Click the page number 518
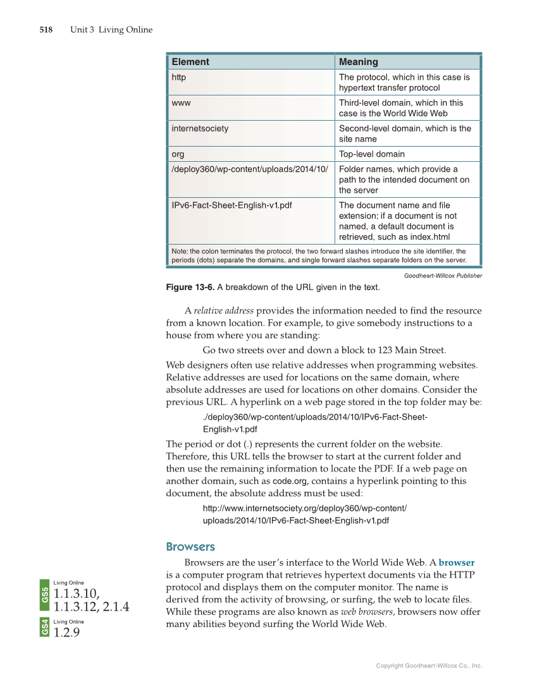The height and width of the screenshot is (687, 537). pos(46,30)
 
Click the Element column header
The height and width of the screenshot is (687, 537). pos(190,62)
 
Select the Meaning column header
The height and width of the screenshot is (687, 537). pos(359,62)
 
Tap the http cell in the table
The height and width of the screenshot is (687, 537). pos(179,77)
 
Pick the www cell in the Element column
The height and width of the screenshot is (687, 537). pos(181,102)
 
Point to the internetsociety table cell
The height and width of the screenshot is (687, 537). pos(200,128)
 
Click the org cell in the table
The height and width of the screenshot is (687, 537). pos(178,154)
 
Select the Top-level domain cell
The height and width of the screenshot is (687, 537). pos(372,154)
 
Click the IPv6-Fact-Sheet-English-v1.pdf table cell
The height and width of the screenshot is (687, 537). pos(231,205)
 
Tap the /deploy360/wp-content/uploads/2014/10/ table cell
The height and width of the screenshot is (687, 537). pos(250,169)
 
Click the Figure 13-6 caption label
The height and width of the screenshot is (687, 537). pos(190,288)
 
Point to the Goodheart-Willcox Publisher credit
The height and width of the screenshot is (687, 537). pos(443,276)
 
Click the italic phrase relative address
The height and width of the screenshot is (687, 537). pos(223,310)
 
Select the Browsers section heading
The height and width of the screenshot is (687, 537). pos(190,547)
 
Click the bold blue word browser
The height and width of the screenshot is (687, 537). pos(456,562)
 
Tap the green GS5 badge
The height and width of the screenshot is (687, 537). pos(45,594)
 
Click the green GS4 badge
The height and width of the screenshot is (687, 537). pos(45,628)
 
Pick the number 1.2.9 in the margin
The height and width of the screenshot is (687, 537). pos(67,632)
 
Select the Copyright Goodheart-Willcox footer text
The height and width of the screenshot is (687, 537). pos(429,666)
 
